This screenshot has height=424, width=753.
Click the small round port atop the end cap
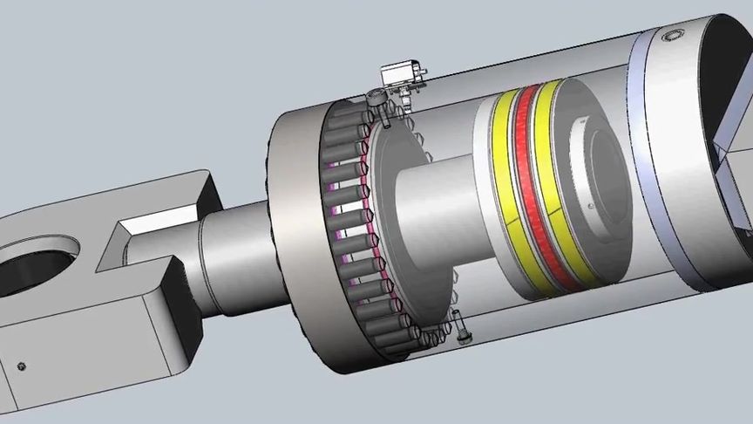pyautogui.click(x=670, y=36)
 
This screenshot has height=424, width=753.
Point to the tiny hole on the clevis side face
pyautogui.click(x=23, y=365)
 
